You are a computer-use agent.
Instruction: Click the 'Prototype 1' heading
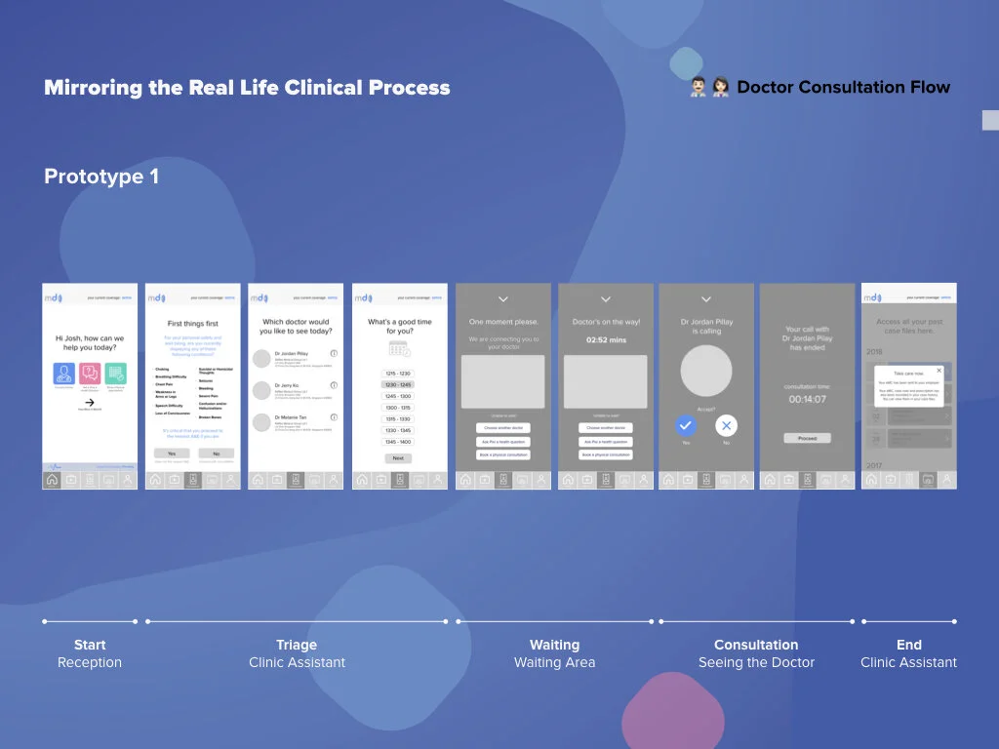click(x=101, y=177)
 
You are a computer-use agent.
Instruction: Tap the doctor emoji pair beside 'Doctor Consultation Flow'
click(x=709, y=88)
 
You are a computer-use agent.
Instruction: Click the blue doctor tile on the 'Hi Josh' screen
click(x=64, y=374)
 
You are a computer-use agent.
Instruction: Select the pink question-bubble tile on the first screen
click(x=90, y=374)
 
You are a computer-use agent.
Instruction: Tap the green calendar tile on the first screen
click(x=116, y=374)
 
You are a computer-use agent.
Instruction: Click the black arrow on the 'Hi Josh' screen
click(x=90, y=402)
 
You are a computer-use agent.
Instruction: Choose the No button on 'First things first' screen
click(x=216, y=453)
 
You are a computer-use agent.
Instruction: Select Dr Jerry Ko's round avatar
click(x=261, y=390)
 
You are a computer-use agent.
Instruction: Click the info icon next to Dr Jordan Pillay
click(x=334, y=354)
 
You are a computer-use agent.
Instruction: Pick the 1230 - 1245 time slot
click(x=398, y=385)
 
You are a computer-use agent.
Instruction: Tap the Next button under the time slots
click(x=398, y=458)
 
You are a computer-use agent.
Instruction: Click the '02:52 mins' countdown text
click(x=605, y=340)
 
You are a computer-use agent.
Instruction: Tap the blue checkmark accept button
click(x=686, y=425)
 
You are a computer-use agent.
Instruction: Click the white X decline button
click(x=726, y=425)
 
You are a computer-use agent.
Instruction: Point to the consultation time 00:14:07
click(x=807, y=400)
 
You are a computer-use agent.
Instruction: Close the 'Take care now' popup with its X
click(x=939, y=371)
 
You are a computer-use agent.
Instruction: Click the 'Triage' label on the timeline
click(x=297, y=645)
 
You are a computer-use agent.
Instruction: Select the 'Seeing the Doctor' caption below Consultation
click(x=756, y=663)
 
